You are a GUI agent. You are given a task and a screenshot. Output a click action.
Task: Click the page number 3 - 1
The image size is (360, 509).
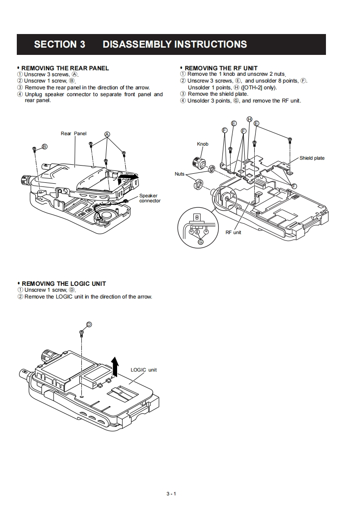(x=171, y=494)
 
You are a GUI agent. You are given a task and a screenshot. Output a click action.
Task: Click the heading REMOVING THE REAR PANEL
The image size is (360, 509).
(x=65, y=68)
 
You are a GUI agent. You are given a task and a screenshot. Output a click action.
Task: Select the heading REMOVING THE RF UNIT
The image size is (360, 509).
(x=221, y=68)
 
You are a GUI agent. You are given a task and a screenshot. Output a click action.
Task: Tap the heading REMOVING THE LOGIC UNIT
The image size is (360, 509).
(x=64, y=284)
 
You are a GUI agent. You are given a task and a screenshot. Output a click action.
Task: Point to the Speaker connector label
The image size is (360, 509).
(x=149, y=198)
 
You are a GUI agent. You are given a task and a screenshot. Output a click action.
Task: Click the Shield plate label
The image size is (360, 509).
(x=312, y=158)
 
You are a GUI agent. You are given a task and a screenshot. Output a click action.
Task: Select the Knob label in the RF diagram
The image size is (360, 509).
(x=202, y=144)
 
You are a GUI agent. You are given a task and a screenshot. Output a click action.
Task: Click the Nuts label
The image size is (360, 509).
(x=180, y=174)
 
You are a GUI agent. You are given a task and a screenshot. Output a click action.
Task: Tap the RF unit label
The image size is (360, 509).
(x=233, y=232)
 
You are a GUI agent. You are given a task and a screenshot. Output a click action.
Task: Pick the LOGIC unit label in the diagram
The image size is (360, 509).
(x=143, y=370)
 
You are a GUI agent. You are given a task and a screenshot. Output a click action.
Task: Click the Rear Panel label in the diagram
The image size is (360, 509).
(x=74, y=133)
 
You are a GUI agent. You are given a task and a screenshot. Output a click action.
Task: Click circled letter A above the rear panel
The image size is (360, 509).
(x=107, y=134)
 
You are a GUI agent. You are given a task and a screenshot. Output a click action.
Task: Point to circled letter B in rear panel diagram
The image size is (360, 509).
(x=44, y=146)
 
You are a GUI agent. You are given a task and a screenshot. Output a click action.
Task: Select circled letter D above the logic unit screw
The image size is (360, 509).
(x=89, y=324)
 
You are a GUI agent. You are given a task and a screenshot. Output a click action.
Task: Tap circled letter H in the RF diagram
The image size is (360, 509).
(x=249, y=119)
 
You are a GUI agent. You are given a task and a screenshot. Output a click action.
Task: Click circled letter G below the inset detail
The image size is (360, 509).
(x=201, y=242)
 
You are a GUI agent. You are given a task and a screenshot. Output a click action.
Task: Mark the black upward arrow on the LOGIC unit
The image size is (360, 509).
(x=115, y=366)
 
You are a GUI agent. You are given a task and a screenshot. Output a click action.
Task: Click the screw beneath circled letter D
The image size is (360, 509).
(x=81, y=334)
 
